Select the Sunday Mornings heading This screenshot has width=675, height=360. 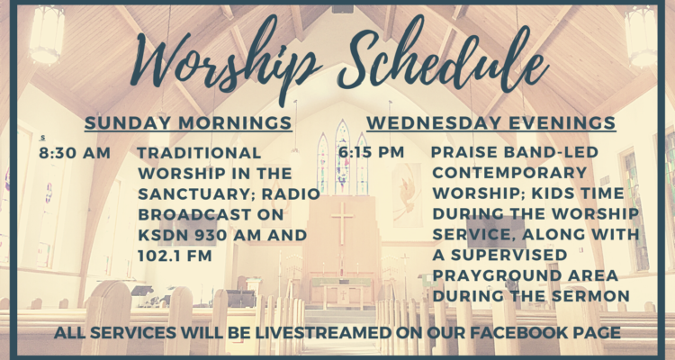(x=188, y=123)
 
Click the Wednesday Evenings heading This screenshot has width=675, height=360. (x=491, y=123)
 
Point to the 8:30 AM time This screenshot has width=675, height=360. (x=75, y=153)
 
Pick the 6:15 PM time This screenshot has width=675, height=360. (x=372, y=152)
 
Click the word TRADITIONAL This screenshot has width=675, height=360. (x=199, y=153)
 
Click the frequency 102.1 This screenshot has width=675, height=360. (x=157, y=256)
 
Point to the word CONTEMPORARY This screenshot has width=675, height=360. (x=509, y=173)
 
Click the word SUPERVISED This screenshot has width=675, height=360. (x=508, y=255)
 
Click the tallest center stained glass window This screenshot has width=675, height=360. (x=343, y=157)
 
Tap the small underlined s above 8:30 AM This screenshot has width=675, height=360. (x=42, y=138)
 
